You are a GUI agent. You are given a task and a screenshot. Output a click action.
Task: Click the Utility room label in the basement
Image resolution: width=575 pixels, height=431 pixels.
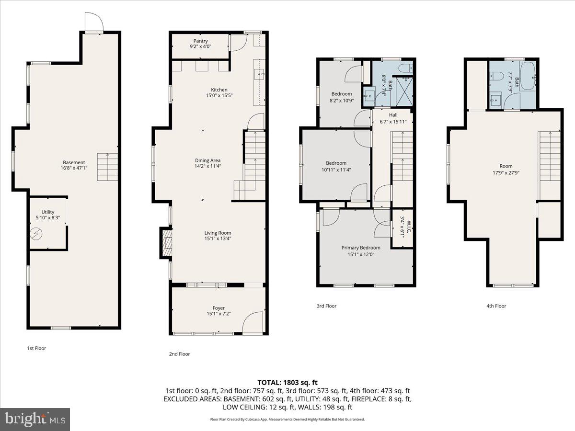(47, 215)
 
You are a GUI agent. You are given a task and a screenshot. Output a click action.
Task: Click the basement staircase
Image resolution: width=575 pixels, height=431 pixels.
(107, 167)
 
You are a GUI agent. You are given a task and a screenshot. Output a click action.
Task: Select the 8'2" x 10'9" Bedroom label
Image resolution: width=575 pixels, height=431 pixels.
(342, 97)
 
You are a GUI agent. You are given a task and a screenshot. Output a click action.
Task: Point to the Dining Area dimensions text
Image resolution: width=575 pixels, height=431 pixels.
(207, 166)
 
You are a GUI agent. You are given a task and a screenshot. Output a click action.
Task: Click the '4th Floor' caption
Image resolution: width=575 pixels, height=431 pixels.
(496, 306)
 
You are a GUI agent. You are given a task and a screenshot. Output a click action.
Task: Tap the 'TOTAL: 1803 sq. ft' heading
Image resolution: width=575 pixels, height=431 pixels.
(287, 382)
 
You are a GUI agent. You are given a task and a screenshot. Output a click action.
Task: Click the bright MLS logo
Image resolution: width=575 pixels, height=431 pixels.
(35, 420)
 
